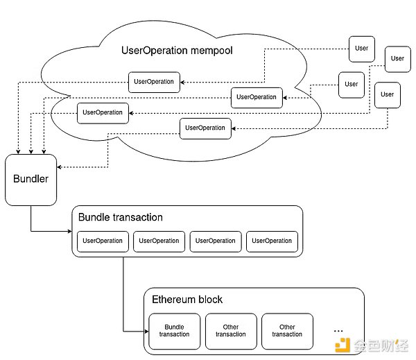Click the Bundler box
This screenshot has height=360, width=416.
(31, 180)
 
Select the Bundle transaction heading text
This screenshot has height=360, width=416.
(121, 217)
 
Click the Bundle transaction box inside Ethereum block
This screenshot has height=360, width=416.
(174, 330)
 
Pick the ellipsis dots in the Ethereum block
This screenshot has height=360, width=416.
(339, 328)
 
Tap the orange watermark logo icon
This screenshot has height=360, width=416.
(342, 345)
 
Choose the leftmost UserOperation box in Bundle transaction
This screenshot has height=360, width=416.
(103, 241)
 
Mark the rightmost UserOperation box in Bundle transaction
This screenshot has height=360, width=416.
(272, 241)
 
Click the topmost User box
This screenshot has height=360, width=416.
(362, 49)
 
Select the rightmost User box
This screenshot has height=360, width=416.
(397, 58)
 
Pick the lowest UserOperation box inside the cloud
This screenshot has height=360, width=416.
(205, 128)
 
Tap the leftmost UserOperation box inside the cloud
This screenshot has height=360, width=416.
(103, 112)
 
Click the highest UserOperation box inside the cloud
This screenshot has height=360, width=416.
(154, 82)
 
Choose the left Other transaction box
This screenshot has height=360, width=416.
(231, 330)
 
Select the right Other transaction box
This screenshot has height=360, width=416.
(287, 330)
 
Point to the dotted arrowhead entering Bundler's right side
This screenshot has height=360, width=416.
(60, 167)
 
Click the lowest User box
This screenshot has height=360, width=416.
(387, 94)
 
